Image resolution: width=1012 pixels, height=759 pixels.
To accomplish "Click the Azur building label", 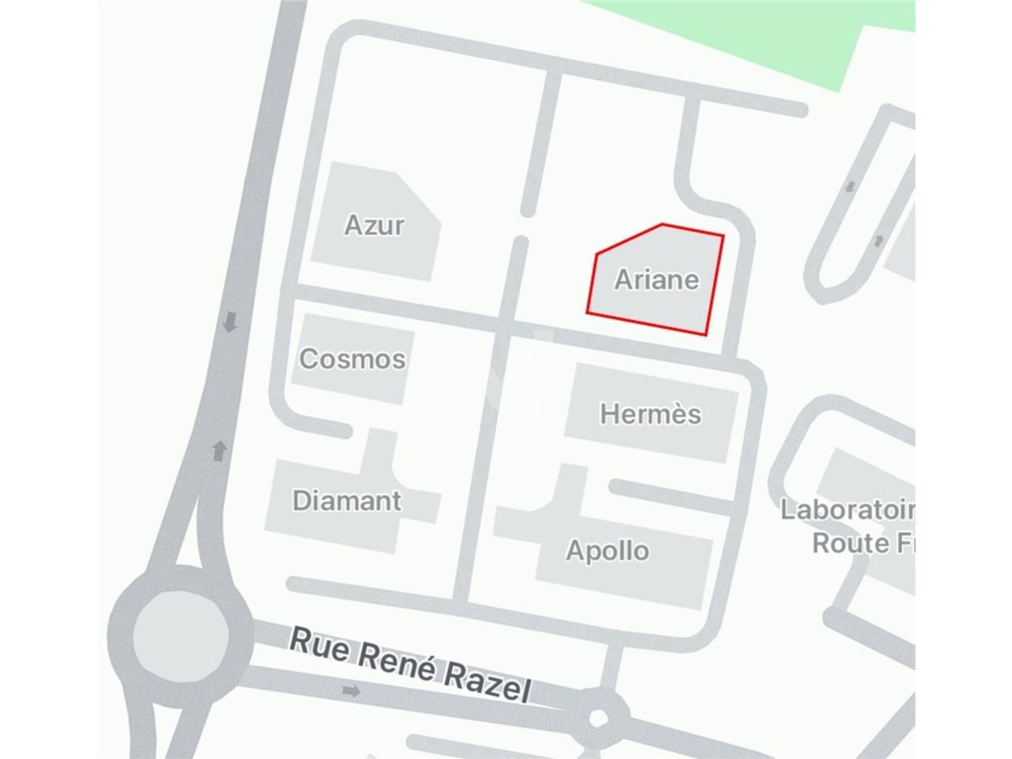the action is [x=374, y=225].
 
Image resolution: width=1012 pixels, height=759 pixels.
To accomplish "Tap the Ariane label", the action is [x=656, y=279].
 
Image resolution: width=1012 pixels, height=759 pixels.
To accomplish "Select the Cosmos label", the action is [x=352, y=359].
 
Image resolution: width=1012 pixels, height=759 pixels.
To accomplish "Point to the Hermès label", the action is [x=650, y=413].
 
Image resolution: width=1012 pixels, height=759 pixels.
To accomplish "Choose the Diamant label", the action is [x=346, y=500].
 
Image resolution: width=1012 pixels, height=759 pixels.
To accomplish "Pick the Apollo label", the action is [x=607, y=550].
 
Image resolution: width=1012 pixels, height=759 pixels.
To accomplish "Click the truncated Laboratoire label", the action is [x=846, y=510].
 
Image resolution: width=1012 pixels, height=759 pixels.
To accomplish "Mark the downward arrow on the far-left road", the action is [x=230, y=322].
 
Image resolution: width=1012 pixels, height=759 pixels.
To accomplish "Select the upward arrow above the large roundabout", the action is [x=220, y=451].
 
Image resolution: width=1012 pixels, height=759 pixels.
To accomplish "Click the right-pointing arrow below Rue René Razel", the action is [x=352, y=691].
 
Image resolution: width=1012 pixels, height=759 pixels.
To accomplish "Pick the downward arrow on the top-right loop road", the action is [x=851, y=187].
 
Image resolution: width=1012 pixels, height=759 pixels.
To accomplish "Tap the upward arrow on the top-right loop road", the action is [x=878, y=240].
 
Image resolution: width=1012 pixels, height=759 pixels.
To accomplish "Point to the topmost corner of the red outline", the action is [x=662, y=225].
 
